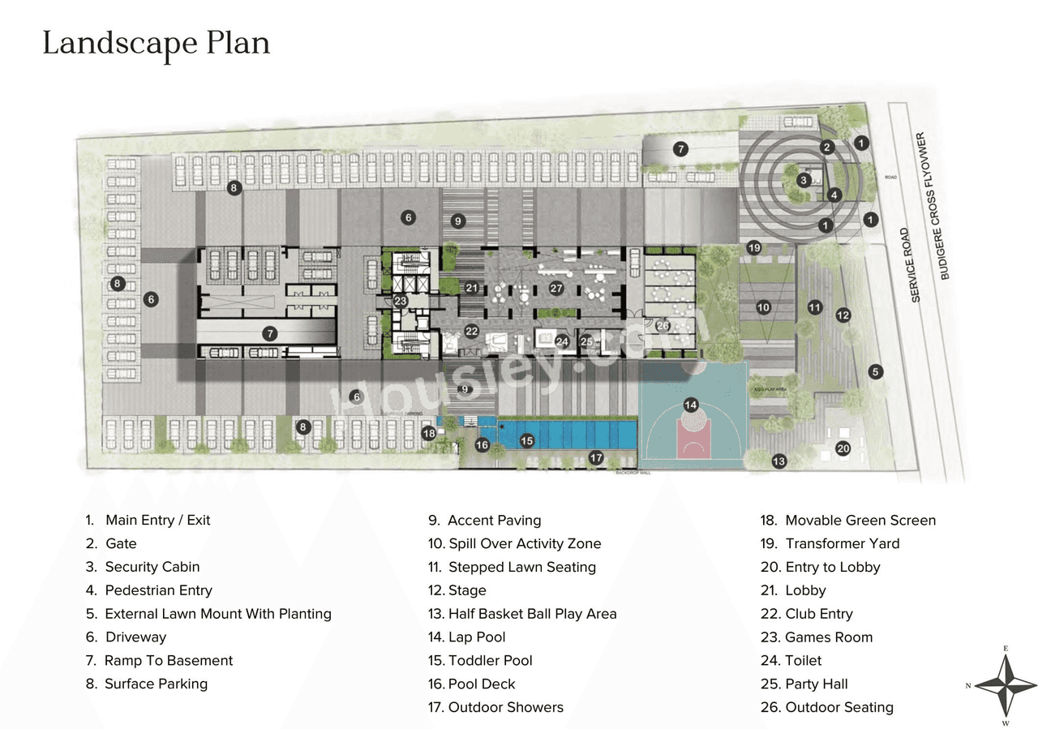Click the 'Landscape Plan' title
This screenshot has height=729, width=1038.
coord(156,44)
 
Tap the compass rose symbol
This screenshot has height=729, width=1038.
coord(1006,685)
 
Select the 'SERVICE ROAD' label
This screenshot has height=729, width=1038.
coord(916,264)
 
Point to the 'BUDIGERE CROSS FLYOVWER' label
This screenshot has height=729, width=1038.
coord(944,206)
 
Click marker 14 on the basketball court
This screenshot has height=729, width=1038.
coord(691,405)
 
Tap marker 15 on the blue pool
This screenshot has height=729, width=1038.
coord(527,441)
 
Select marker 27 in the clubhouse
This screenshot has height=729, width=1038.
coord(555,288)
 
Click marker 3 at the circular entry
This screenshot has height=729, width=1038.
coord(804,180)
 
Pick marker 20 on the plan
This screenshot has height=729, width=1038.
coord(843,448)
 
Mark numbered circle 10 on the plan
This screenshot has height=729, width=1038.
coord(763,307)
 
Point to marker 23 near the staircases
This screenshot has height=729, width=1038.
coord(401,300)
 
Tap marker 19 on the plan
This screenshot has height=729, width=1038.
coord(754,247)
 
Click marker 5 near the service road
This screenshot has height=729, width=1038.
coord(875,371)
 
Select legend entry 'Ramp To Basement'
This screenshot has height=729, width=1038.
coord(168,661)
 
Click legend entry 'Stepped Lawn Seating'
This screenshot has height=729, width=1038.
coord(521,567)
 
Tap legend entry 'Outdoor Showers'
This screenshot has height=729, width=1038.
coord(505,707)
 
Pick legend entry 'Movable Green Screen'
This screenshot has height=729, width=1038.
coord(860,520)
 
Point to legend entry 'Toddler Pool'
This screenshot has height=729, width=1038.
coord(490,661)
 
